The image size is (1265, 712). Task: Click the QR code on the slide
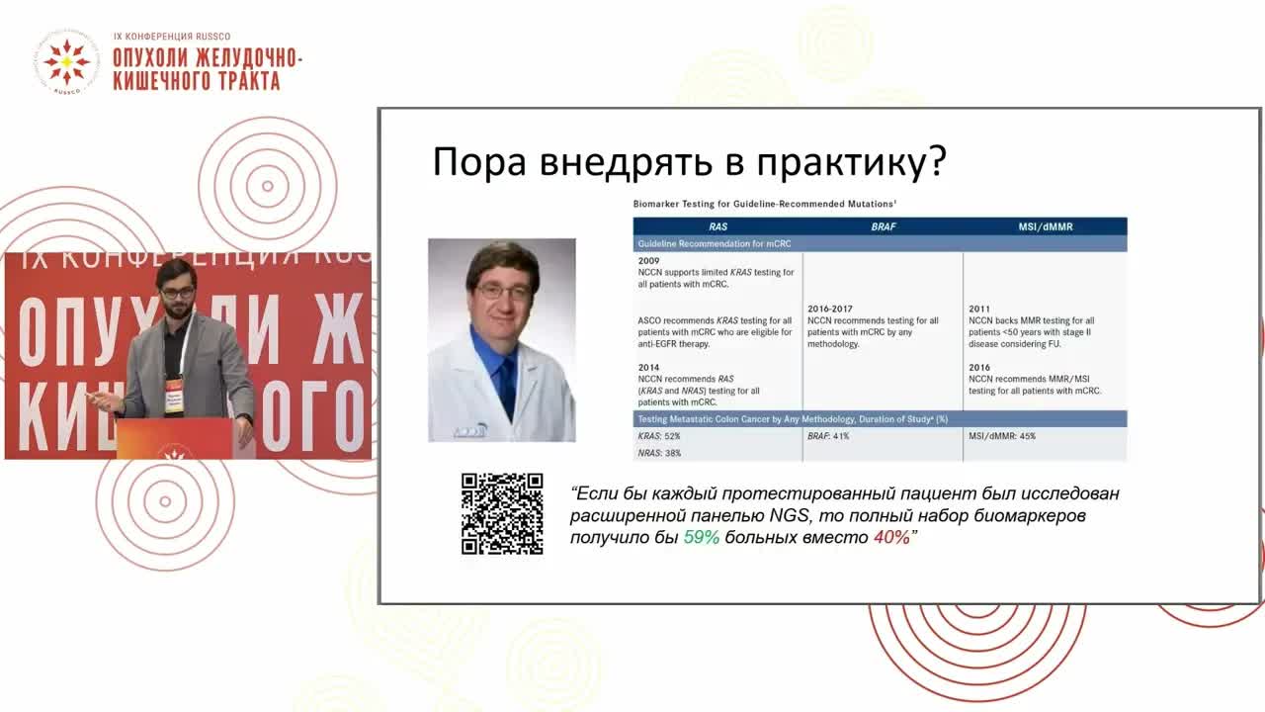[x=502, y=513]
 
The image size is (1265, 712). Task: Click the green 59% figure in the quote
[x=702, y=538]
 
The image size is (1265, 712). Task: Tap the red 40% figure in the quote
[x=890, y=538]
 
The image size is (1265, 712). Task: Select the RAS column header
[x=717, y=226]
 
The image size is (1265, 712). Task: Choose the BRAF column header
[x=883, y=226]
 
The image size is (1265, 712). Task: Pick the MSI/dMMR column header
[x=1045, y=226]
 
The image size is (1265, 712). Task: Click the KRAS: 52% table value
[x=659, y=436]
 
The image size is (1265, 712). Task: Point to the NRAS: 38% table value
[x=659, y=453]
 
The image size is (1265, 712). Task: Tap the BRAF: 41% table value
[x=828, y=436]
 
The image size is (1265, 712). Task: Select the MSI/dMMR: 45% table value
[x=1002, y=436]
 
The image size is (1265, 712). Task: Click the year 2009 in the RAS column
[x=648, y=261]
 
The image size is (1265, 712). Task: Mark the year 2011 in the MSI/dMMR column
[x=979, y=309]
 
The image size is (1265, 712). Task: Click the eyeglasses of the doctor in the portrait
[x=502, y=292]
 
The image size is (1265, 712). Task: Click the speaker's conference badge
[x=174, y=395]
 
